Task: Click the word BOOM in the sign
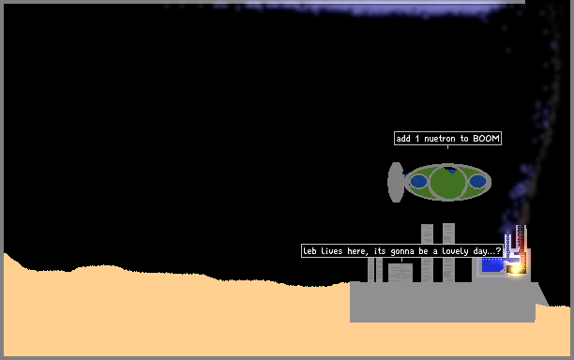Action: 486,139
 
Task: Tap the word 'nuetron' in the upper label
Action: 439,139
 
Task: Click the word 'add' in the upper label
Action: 403,139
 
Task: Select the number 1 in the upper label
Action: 417,139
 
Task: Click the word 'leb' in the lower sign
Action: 310,251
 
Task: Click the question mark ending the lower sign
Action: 498,251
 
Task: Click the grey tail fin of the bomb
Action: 396,182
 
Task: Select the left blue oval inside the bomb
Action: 418,181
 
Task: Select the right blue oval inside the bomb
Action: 477,181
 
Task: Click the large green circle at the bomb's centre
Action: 447,183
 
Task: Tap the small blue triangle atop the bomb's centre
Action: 452,172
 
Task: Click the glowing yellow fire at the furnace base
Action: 516,270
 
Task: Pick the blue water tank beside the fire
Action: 492,264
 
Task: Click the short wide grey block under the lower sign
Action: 400,273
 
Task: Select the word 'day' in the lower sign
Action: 480,251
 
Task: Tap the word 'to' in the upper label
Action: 464,139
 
